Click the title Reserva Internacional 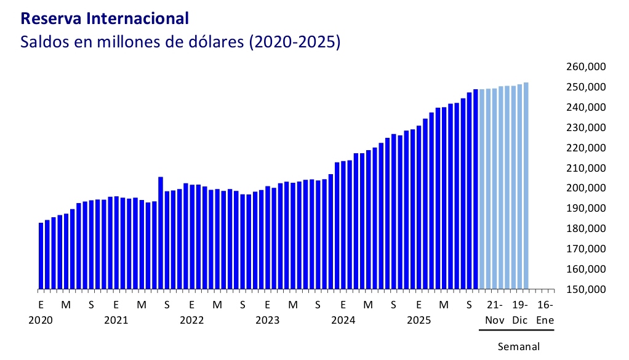coord(105,18)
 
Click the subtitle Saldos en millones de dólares coord(180,43)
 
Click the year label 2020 coord(41,320)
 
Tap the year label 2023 coord(267,320)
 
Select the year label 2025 coord(419,320)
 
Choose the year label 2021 coord(116,320)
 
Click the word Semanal coord(518,346)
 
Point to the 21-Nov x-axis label coord(494,312)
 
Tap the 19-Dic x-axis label coord(520,312)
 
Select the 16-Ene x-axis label coord(545,312)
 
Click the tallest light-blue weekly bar coord(526,185)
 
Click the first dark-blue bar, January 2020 coord(41,255)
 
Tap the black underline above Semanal coord(516,330)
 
